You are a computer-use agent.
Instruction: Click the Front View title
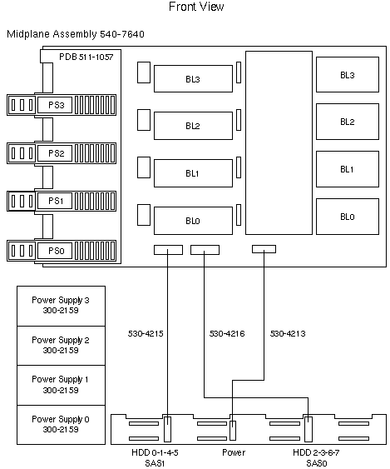pyautogui.click(x=195, y=7)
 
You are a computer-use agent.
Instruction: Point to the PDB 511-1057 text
pyautogui.click(x=86, y=57)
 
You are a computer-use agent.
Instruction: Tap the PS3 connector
pyautogui.click(x=56, y=105)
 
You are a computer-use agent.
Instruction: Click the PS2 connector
pyautogui.click(x=56, y=153)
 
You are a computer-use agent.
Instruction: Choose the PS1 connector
pyautogui.click(x=56, y=202)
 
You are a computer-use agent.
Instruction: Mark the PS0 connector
pyautogui.click(x=56, y=250)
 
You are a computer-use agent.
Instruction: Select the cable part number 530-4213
pyautogui.click(x=287, y=335)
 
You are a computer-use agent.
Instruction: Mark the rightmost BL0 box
pyautogui.click(x=347, y=217)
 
